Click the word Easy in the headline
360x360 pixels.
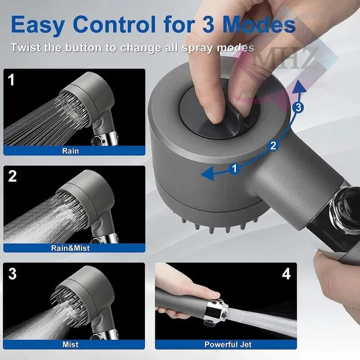pyautogui.click(x=38, y=25)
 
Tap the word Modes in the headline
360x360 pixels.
pyautogui.click(x=259, y=24)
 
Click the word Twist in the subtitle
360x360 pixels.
pyautogui.click(x=26, y=48)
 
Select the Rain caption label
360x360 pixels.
pyautogui.click(x=70, y=151)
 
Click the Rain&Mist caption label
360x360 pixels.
pyautogui.click(x=70, y=248)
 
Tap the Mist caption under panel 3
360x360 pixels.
pyautogui.click(x=70, y=344)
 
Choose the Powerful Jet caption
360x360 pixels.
pyautogui.click(x=228, y=344)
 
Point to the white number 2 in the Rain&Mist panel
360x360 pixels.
pyautogui.click(x=13, y=176)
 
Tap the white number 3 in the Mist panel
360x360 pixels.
pyautogui.click(x=13, y=274)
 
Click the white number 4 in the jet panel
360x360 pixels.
pyautogui.click(x=286, y=274)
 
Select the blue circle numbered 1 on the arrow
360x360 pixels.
pyautogui.click(x=234, y=169)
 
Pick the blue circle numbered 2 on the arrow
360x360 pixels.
pyautogui.click(x=273, y=146)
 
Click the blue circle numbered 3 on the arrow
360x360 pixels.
pyautogui.click(x=298, y=107)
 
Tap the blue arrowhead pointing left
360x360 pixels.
pyautogui.click(x=208, y=174)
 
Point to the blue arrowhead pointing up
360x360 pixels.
pyautogui.click(x=299, y=87)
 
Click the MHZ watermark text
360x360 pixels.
pyautogui.click(x=287, y=58)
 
